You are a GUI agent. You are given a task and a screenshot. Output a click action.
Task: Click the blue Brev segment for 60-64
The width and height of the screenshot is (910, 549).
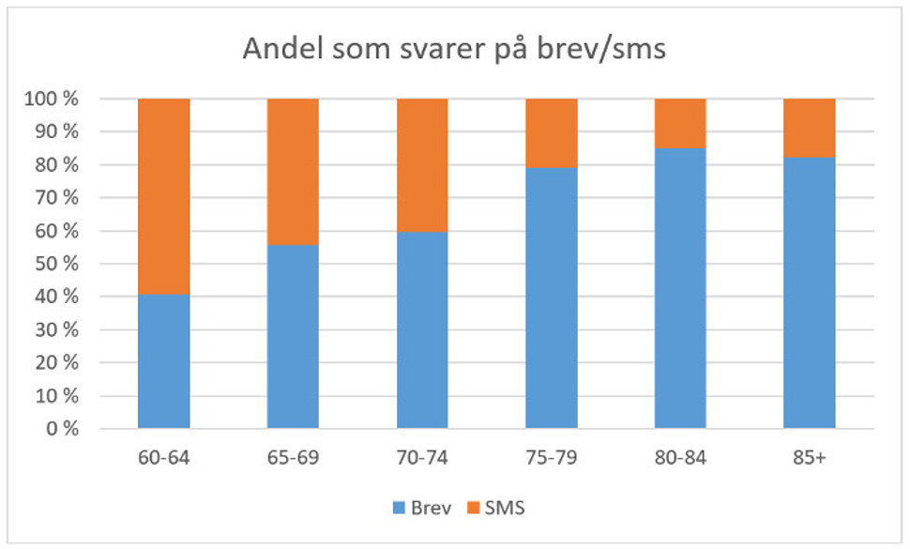(163, 361)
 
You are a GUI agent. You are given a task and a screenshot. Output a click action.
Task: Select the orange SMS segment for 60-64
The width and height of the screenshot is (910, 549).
(163, 196)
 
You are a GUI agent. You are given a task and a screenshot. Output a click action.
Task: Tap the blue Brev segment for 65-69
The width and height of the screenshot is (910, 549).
(293, 336)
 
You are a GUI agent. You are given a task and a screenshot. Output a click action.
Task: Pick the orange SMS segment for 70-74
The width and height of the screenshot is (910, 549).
(422, 164)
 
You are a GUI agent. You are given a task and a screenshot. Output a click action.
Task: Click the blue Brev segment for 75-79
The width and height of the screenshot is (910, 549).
(551, 297)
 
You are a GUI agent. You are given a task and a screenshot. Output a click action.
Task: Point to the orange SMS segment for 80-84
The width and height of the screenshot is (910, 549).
(680, 123)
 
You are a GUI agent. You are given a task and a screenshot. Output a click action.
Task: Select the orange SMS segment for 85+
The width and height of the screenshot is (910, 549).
(809, 128)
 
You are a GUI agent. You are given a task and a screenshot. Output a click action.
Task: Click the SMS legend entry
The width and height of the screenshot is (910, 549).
(495, 509)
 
